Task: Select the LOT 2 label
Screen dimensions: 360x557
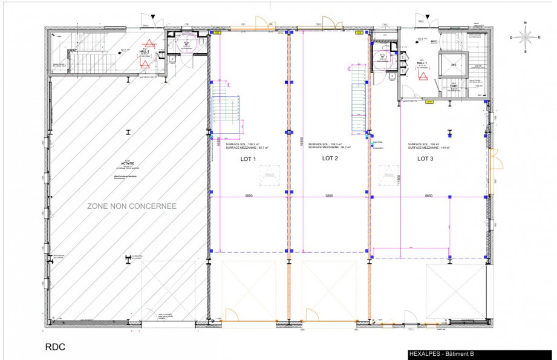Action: click(x=330, y=159)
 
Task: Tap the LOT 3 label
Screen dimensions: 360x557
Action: click(x=425, y=159)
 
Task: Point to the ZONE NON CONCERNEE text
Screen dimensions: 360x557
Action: click(x=132, y=206)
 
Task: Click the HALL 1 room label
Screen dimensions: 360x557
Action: click(x=422, y=63)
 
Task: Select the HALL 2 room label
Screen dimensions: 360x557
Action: click(x=145, y=52)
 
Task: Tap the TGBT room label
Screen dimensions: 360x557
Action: click(x=453, y=86)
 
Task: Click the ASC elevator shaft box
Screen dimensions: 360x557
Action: click(x=452, y=64)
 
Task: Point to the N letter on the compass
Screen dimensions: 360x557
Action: click(x=525, y=23)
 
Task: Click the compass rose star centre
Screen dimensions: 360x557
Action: click(x=525, y=36)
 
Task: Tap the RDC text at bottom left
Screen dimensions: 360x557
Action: click(x=55, y=347)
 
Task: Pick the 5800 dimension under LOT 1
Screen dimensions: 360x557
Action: click(x=249, y=196)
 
